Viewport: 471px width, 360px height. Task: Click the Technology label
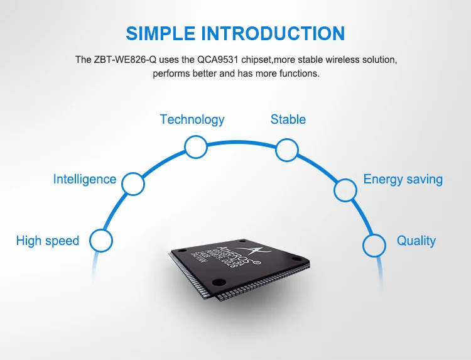click(192, 119)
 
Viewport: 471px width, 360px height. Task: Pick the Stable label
click(288, 119)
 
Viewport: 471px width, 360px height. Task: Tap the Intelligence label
click(85, 179)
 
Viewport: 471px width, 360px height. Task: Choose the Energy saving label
click(403, 179)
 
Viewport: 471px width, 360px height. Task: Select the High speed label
click(48, 241)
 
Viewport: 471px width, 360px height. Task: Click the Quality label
click(416, 241)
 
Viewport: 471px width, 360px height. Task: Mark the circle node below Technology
click(196, 148)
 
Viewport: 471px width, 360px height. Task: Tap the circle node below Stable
click(287, 150)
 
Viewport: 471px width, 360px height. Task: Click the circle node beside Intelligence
click(133, 184)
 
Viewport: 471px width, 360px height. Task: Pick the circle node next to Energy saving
click(345, 190)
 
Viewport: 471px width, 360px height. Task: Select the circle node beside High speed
click(101, 241)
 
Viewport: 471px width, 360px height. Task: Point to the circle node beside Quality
click(374, 244)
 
